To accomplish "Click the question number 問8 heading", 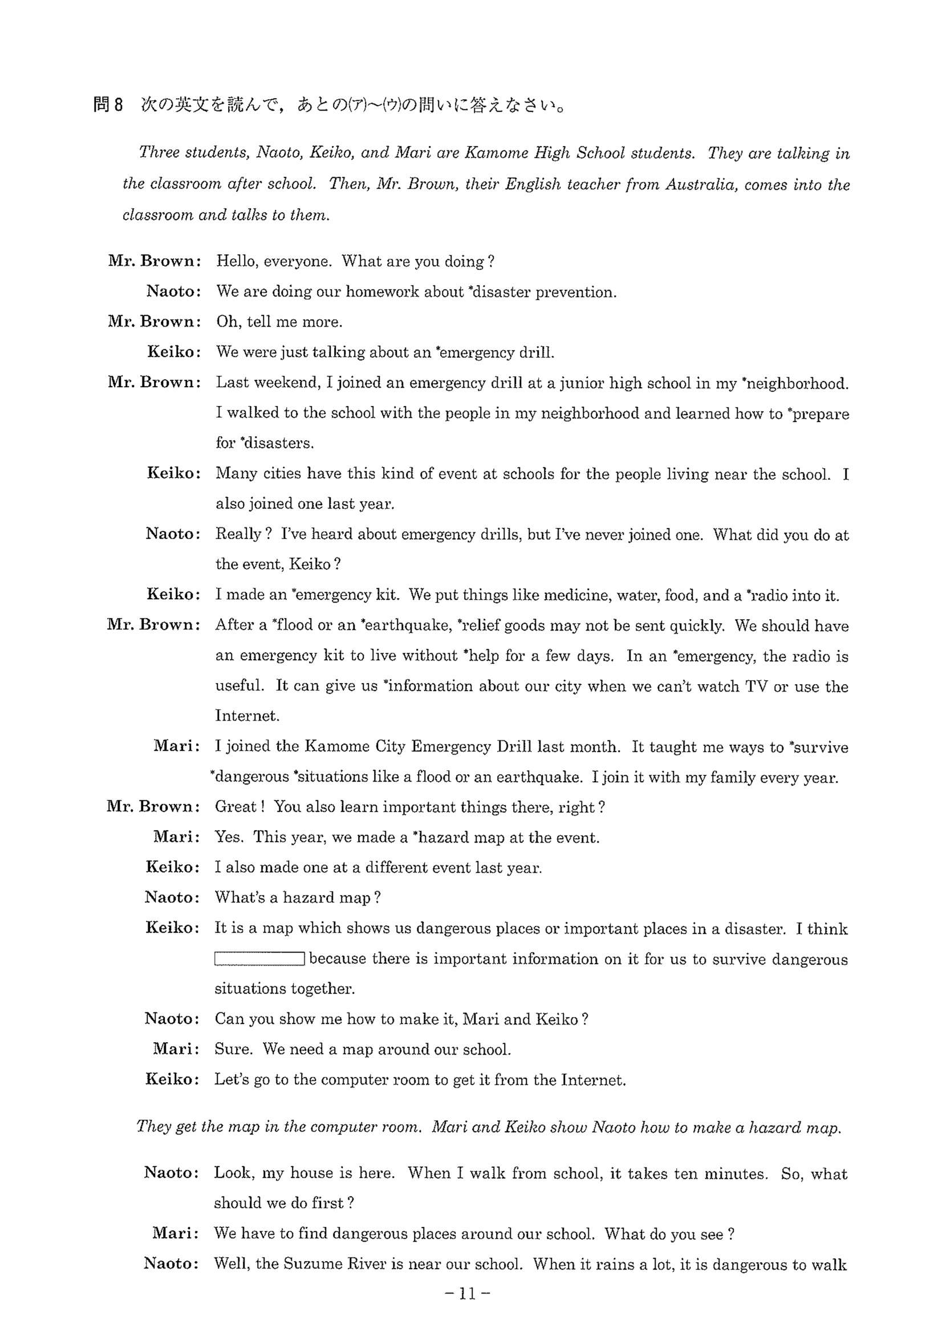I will pyautogui.click(x=108, y=105).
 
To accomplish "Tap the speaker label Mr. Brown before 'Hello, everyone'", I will pyautogui.click(x=154, y=261).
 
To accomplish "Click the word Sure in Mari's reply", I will pyautogui.click(x=233, y=1050).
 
